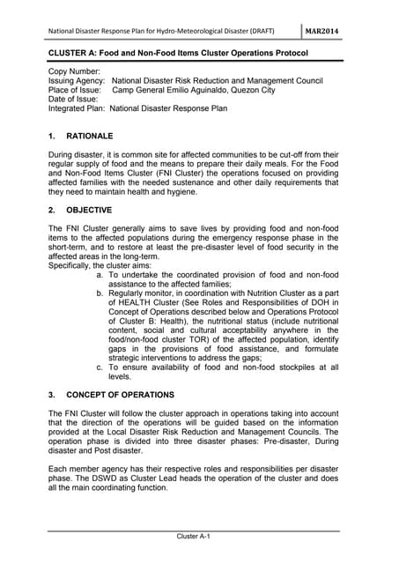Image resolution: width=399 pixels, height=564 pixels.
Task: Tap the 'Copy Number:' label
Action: pyautogui.click(x=75, y=70)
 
